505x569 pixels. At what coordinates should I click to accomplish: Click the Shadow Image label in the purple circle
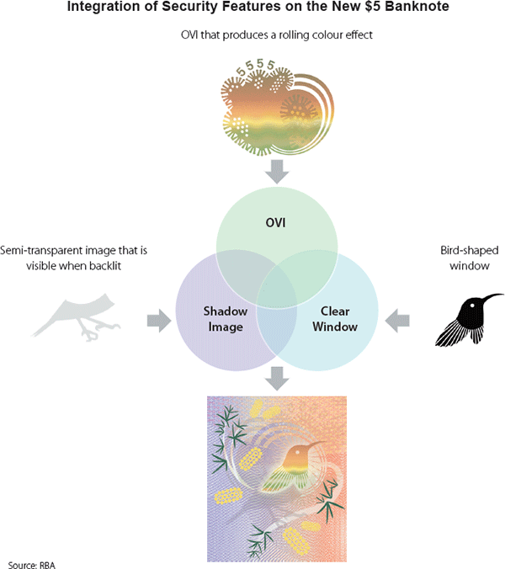click(226, 319)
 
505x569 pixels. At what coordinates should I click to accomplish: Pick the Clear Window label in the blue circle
click(333, 319)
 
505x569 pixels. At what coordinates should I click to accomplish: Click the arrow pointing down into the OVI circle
click(276, 172)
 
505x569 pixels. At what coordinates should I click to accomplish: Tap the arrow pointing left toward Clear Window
click(397, 320)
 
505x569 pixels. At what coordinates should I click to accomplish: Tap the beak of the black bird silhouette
click(492, 296)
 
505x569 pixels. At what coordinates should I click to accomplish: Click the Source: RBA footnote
click(31, 561)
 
